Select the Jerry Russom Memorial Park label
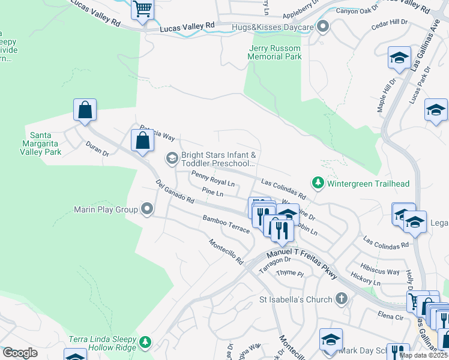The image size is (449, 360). click(274, 52)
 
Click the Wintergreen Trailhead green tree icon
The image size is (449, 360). click(317, 182)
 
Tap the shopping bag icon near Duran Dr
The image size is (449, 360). click(85, 110)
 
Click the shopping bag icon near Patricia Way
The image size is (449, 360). click(143, 142)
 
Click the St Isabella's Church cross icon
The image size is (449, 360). click(341, 299)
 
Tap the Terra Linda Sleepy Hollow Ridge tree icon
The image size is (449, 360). click(145, 342)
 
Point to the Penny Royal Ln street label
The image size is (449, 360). click(212, 178)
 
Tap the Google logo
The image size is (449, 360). click(20, 352)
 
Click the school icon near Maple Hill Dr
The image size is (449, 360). click(399, 58)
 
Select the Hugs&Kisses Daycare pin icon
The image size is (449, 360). click(323, 27)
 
